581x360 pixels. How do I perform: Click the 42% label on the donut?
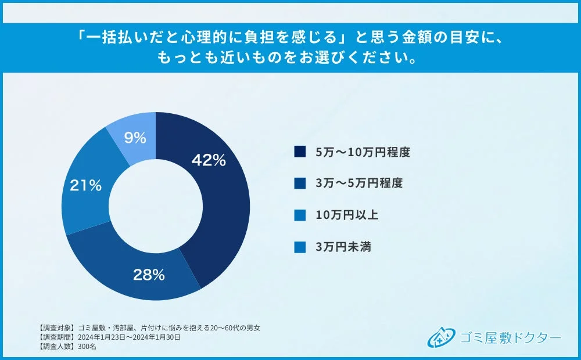tap(209, 161)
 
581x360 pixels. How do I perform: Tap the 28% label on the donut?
tap(149, 275)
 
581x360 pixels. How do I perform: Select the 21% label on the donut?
tap(85, 186)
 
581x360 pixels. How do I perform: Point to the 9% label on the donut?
tap(134, 138)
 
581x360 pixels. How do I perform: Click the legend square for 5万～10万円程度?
tap(300, 152)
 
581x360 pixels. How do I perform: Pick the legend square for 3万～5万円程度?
tap(300, 183)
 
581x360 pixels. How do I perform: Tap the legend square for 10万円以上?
tap(300, 215)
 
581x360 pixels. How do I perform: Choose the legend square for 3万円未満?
tap(300, 247)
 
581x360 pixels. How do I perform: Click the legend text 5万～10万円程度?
tap(363, 152)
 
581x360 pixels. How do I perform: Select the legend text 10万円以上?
tap(347, 215)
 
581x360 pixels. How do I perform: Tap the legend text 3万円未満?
tap(343, 247)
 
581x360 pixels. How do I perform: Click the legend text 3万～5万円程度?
tap(358, 183)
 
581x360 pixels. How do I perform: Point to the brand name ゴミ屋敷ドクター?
tap(510, 337)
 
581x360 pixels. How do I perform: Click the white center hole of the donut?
tap(156, 206)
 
